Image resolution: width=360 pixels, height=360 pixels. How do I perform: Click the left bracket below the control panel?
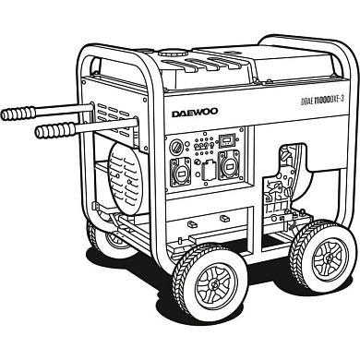(188, 222)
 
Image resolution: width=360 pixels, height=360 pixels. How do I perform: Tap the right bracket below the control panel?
(224, 218)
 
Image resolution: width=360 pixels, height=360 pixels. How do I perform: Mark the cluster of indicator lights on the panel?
(197, 147)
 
